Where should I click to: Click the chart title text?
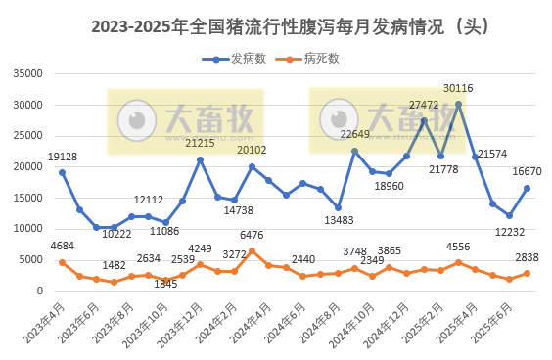pos(276,27)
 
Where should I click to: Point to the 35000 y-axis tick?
pos(26,73)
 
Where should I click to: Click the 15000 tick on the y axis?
pos(26,198)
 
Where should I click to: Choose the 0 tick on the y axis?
pos(38,291)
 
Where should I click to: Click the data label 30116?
pos(458,88)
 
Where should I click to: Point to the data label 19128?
pos(63,157)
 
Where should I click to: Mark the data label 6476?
pos(252,235)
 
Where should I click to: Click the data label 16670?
pos(527,171)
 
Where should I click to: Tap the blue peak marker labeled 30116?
pos(458,104)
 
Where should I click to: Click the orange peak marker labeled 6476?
pos(252,250)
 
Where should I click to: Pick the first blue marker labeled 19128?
pos(63,172)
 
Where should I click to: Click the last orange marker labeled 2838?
pos(527,273)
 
